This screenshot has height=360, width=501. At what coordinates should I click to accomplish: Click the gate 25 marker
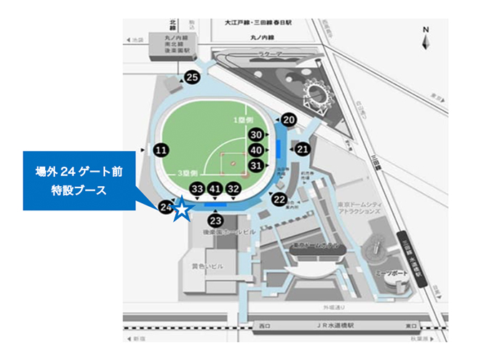pyautogui.click(x=192, y=77)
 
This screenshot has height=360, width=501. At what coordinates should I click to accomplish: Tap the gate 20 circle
pyautogui.click(x=288, y=120)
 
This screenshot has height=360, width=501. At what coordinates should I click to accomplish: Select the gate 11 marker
pyautogui.click(x=161, y=150)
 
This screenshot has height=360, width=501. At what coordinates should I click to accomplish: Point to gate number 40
pyautogui.click(x=256, y=150)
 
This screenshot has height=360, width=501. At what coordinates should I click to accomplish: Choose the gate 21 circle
pyautogui.click(x=302, y=149)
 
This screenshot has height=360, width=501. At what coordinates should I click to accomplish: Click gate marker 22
pyautogui.click(x=279, y=199)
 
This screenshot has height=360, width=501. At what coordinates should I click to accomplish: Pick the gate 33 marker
pyautogui.click(x=198, y=189)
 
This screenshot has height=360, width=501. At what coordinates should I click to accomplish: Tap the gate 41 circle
pyautogui.click(x=215, y=189)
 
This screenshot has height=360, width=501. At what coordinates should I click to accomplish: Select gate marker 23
pyautogui.click(x=215, y=221)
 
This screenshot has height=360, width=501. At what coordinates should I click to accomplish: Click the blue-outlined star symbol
pyautogui.click(x=182, y=210)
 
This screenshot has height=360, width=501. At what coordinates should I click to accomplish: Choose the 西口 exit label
pyautogui.click(x=264, y=326)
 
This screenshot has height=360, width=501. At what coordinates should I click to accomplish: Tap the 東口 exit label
pyautogui.click(x=410, y=326)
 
